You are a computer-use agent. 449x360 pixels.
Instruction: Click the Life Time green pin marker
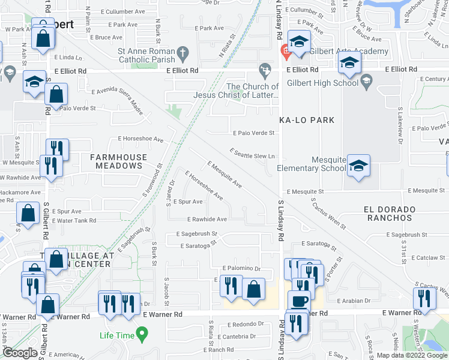142,332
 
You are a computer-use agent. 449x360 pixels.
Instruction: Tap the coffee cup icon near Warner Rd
299,300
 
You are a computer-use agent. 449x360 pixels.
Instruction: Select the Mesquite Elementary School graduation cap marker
358,166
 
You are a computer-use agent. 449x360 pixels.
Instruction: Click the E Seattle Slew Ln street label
253,154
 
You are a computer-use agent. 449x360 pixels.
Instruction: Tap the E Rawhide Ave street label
207,220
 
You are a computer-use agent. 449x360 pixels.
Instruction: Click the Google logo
20,353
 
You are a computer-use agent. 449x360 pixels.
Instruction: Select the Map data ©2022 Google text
411,355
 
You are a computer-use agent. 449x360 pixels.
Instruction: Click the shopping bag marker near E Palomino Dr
254,289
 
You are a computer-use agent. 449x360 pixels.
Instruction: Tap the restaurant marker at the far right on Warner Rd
424,298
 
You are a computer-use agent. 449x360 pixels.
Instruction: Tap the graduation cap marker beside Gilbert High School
349,62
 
